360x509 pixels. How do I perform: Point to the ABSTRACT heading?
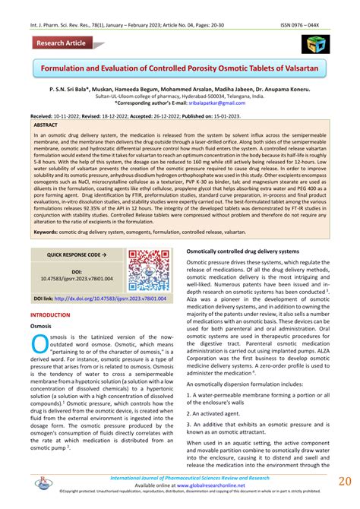(x=46, y=124)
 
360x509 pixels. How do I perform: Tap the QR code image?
(x=149, y=270)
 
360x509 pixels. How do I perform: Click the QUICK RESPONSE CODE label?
(x=76, y=254)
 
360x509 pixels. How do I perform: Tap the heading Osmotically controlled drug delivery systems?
(x=248, y=250)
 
